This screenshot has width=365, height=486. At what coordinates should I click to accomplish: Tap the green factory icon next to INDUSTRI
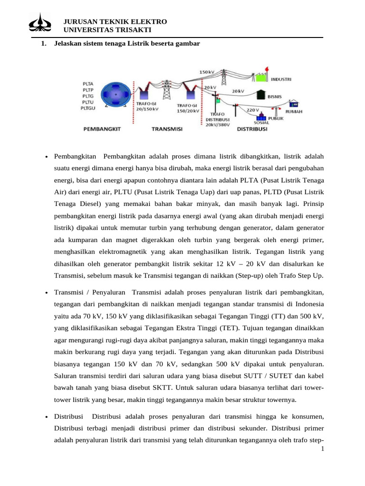click(x=260, y=77)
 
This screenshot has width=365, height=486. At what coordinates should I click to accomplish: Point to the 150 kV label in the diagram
click(x=207, y=72)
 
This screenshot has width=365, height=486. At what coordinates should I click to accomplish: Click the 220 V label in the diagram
click(x=253, y=110)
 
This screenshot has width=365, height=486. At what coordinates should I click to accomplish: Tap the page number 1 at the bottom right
click(x=322, y=449)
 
